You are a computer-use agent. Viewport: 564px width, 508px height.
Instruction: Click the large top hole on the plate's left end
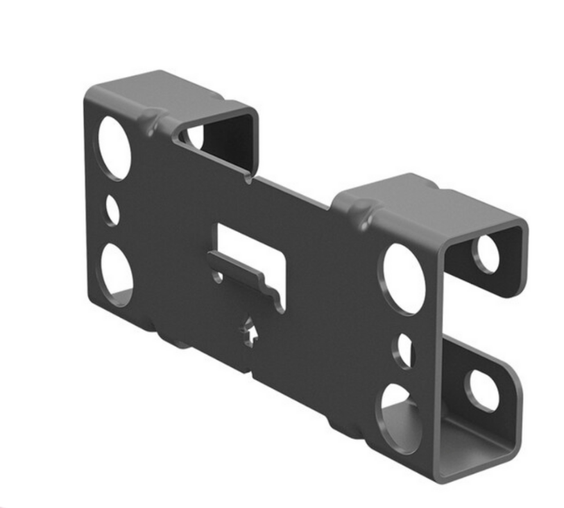(x=114, y=148)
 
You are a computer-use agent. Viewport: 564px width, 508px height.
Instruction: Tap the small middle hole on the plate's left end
(x=112, y=210)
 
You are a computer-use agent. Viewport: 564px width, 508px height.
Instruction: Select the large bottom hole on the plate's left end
(x=117, y=275)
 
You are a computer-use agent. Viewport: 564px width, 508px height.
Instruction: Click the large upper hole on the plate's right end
(x=404, y=277)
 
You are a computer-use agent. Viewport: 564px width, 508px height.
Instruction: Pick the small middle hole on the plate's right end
(x=404, y=350)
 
